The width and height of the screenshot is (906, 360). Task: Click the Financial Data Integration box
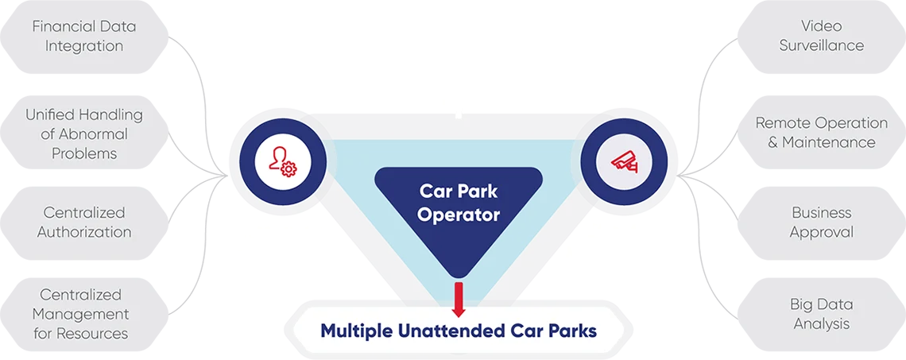(x=84, y=37)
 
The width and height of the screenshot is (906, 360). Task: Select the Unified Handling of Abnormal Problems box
(x=84, y=134)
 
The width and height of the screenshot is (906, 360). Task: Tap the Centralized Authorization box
(x=84, y=223)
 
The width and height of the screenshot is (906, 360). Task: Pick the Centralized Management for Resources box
(x=84, y=314)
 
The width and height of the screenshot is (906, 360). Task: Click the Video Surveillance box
(x=822, y=37)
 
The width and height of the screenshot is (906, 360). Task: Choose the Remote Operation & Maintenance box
(x=822, y=133)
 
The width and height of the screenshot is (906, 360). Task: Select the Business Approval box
(x=822, y=223)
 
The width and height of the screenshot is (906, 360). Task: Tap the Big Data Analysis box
(x=822, y=314)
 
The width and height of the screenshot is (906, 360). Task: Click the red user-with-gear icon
(x=282, y=162)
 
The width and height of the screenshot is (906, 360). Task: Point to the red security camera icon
(x=624, y=162)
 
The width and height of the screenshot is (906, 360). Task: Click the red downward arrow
(x=459, y=300)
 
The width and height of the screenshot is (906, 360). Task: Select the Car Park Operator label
(x=459, y=202)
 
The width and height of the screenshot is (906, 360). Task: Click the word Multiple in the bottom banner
(x=357, y=331)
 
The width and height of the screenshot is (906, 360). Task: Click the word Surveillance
(x=822, y=45)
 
